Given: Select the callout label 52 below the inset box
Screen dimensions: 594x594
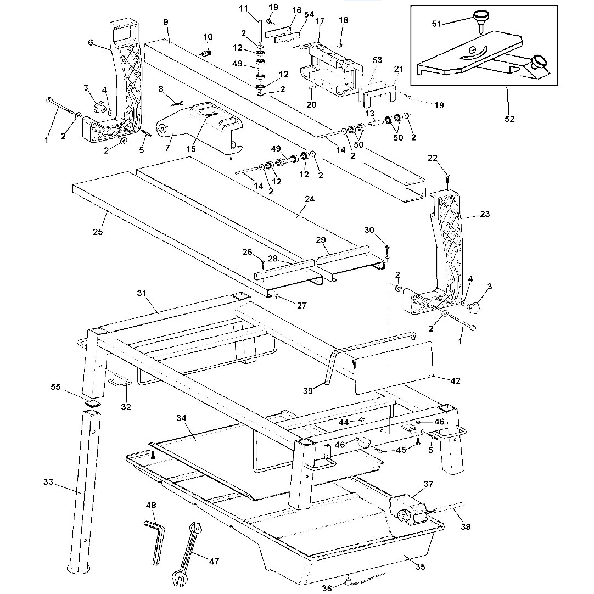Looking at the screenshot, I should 509,119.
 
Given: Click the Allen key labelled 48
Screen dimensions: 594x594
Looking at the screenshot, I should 155,541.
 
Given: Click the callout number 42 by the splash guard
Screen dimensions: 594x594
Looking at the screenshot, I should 456,380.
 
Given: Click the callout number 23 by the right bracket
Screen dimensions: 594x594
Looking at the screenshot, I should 484,214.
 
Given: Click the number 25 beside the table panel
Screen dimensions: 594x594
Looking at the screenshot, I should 98,232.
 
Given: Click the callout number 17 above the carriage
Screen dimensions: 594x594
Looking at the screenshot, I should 320,21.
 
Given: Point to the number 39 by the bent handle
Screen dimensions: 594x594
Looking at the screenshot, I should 308,390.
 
